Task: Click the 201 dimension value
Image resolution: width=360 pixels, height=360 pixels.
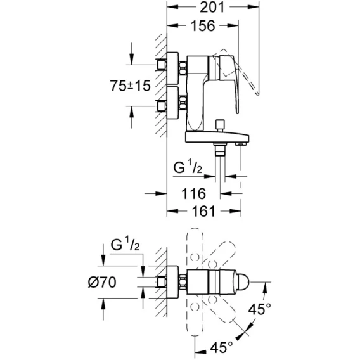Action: (212, 7)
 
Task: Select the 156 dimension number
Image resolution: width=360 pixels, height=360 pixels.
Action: (203, 26)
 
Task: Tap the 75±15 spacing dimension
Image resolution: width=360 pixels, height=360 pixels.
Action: (130, 86)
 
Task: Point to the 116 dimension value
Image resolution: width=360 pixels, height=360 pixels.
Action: (193, 193)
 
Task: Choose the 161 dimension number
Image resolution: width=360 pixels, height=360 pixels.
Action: (203, 211)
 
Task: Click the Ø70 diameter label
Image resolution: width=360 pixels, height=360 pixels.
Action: (102, 282)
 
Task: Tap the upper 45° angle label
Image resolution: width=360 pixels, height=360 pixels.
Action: (260, 309)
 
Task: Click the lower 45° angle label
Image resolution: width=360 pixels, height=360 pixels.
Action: (222, 347)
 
